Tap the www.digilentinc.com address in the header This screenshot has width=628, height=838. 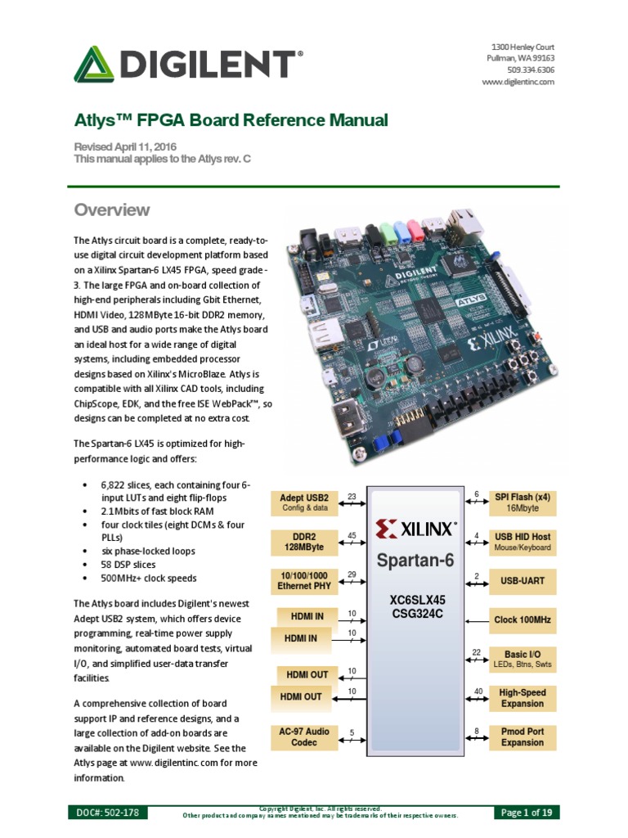518,82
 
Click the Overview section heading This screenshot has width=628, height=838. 112,210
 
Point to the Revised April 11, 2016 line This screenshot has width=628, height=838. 125,146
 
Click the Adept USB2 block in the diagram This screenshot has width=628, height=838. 304,502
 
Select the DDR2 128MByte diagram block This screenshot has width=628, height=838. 304,541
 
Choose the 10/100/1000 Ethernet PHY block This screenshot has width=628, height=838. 304,580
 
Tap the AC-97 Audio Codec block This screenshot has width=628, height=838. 304,737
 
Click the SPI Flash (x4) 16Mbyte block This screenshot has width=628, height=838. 522,502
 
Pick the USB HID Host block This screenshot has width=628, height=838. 522,541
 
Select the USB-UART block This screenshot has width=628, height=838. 522,580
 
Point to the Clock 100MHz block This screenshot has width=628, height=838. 522,620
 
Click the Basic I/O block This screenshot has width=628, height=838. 522,659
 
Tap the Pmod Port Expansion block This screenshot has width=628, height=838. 522,737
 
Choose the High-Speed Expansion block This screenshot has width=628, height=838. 522,697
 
